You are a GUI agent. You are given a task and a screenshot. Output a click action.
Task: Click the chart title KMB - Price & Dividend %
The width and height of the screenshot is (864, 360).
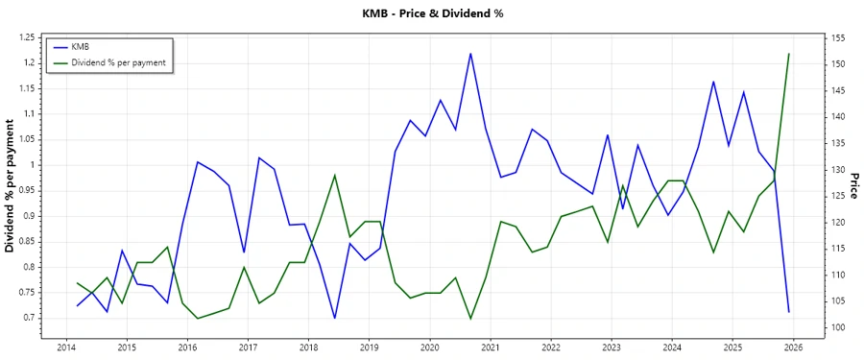pos(432,13)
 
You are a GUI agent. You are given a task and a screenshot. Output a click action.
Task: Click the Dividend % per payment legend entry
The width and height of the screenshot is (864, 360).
pos(119,62)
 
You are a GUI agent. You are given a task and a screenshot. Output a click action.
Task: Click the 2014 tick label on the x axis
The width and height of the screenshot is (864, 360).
pos(66,347)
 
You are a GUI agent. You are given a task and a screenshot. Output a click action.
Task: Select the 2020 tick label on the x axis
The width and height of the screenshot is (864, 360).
pos(430,347)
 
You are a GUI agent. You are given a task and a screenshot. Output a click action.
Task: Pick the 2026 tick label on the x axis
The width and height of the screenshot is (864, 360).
pos(793,347)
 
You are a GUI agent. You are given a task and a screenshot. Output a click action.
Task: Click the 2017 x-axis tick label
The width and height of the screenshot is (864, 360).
pos(248,347)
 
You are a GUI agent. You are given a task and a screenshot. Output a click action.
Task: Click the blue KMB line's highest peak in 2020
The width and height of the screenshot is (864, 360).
pos(470,54)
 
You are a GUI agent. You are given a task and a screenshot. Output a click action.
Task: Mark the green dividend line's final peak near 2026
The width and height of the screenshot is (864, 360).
pos(788,54)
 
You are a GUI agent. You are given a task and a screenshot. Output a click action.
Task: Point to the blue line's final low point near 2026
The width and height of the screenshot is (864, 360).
pos(788,312)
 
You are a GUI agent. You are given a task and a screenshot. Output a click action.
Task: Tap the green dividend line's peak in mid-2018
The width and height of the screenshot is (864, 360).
pos(334,175)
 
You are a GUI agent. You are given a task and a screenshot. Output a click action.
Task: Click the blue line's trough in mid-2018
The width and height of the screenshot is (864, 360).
pos(334,318)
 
